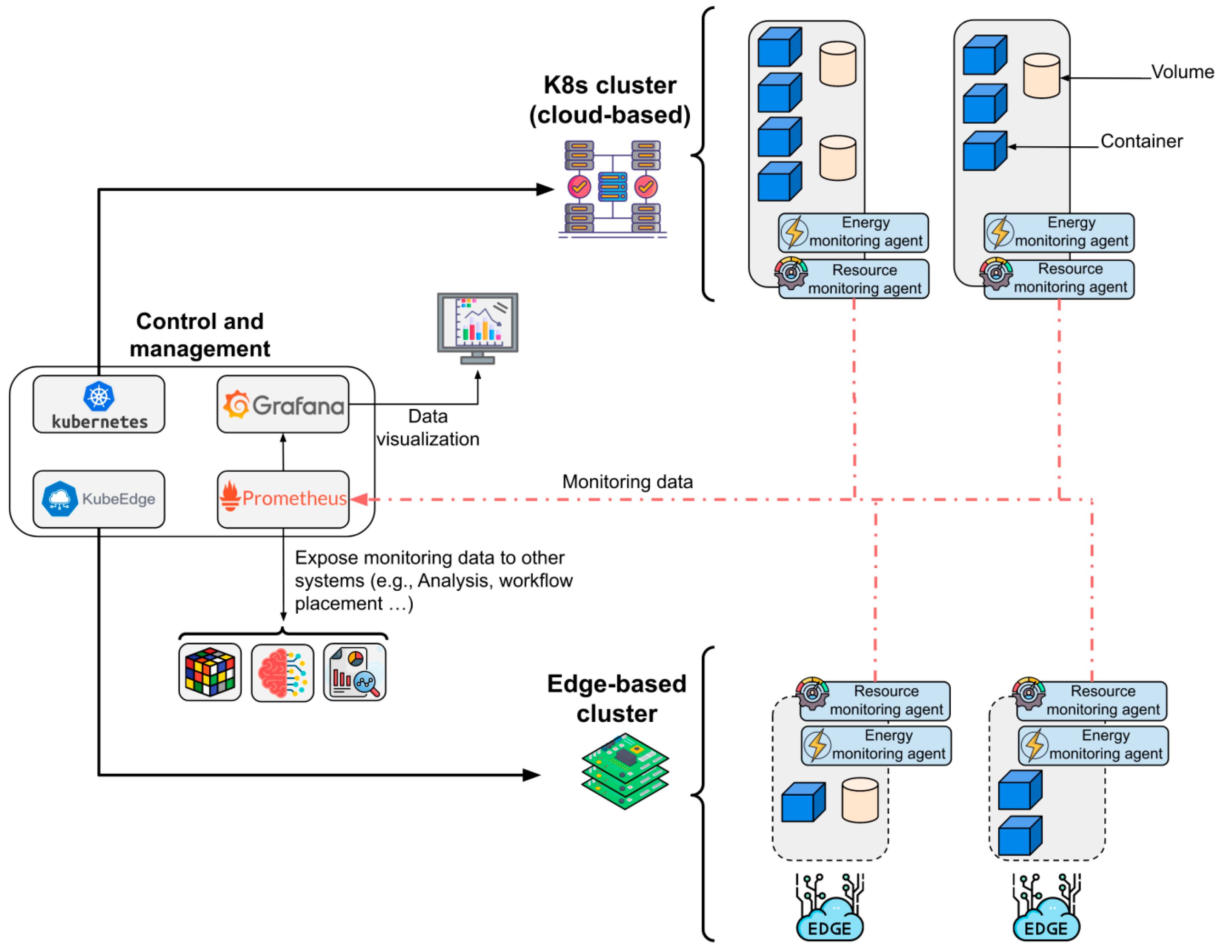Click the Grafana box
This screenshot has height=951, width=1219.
click(283, 404)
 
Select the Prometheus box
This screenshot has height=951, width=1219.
click(283, 499)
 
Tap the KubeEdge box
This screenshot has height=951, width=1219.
click(99, 499)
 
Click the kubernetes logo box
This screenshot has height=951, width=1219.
click(99, 404)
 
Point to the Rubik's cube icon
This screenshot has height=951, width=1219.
click(210, 672)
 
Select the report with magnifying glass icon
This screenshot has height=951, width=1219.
click(355, 672)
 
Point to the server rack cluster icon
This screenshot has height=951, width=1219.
click(612, 189)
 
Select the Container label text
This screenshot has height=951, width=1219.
click(1141, 141)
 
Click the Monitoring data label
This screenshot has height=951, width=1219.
click(628, 481)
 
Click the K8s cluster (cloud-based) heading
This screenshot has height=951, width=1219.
click(609, 100)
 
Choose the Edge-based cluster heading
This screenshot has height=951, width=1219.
click(617, 699)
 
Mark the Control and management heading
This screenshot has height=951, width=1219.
click(200, 335)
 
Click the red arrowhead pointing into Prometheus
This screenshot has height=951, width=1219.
click(359, 499)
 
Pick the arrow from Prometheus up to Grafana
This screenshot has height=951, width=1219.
click(283, 452)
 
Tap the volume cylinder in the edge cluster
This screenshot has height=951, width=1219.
click(860, 800)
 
